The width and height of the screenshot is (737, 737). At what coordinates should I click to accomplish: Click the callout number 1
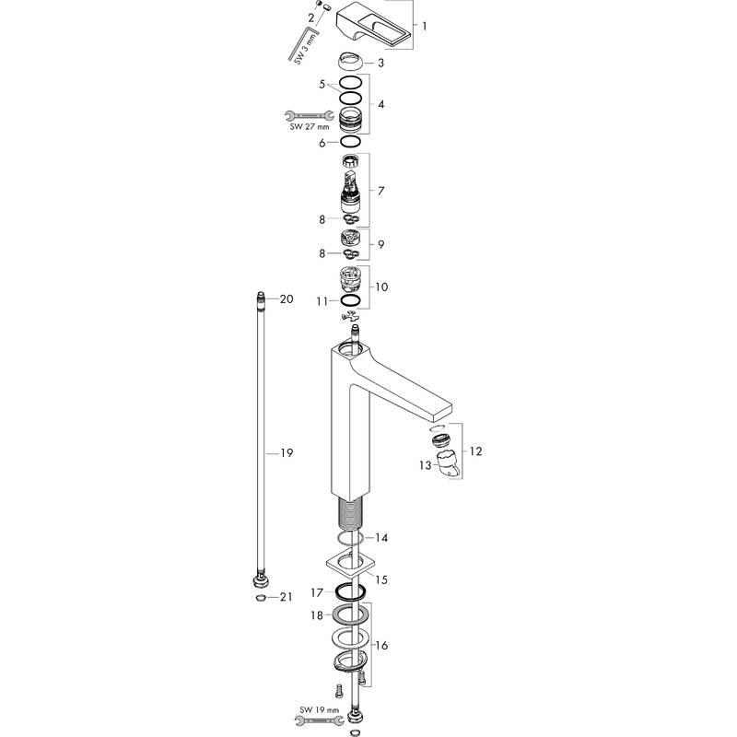[424, 24]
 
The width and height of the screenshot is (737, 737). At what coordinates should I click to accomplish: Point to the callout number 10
[382, 287]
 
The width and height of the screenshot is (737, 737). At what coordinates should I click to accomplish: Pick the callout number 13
[426, 465]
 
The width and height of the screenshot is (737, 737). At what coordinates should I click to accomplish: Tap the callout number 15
[381, 579]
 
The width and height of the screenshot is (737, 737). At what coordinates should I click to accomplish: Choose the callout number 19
[286, 452]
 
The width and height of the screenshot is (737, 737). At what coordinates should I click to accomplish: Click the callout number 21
[286, 597]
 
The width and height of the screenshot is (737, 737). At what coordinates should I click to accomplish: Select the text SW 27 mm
[310, 127]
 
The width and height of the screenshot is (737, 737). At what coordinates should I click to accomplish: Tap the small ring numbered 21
[262, 597]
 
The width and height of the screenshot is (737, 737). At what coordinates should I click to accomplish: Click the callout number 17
[316, 592]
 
